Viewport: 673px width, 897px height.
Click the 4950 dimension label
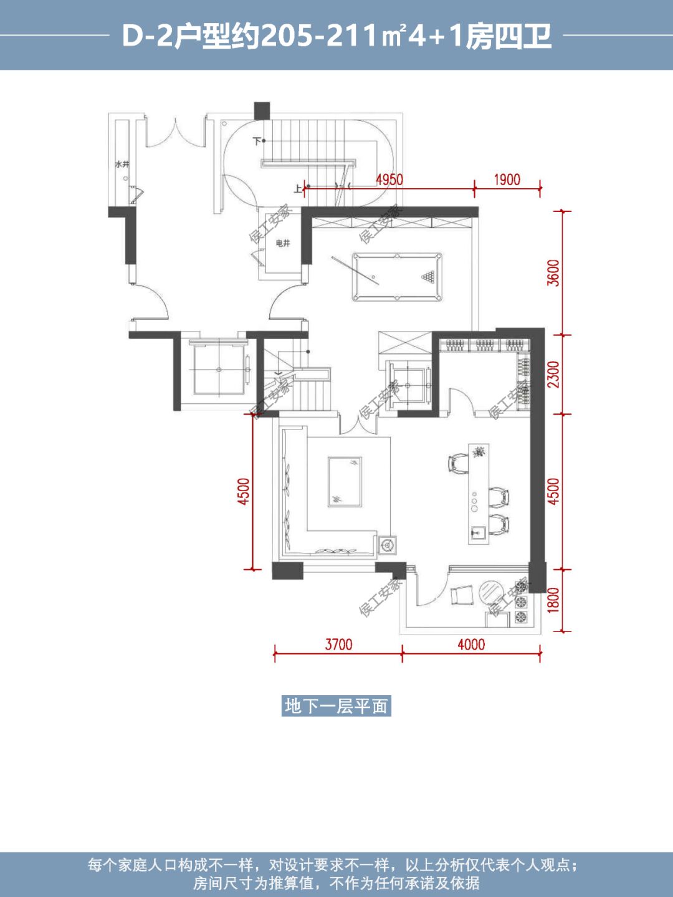pyautogui.click(x=389, y=180)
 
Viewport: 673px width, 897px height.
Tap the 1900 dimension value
pyautogui.click(x=507, y=180)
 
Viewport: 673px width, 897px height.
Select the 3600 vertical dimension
pyautogui.click(x=553, y=272)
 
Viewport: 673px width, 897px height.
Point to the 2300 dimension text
pyautogui.click(x=553, y=374)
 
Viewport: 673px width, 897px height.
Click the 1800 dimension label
pyautogui.click(x=553, y=600)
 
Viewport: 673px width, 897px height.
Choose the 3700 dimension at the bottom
pyautogui.click(x=338, y=645)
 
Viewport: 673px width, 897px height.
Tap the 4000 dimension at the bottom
pyautogui.click(x=471, y=645)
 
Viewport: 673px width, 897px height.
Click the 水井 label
pyautogui.click(x=122, y=165)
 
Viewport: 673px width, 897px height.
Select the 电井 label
pyautogui.click(x=282, y=244)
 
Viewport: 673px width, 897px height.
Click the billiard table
pyautogui.click(x=397, y=277)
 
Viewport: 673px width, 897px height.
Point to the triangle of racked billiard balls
pyautogui.click(x=428, y=277)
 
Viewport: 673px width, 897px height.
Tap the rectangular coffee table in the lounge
pyautogui.click(x=345, y=482)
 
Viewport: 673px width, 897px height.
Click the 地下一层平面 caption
pyautogui.click(x=336, y=706)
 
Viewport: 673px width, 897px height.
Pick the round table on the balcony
pyautogui.click(x=491, y=593)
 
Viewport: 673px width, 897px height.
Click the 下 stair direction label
pyautogui.click(x=257, y=142)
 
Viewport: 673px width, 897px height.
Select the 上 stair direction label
pyautogui.click(x=298, y=189)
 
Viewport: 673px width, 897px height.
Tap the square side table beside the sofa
pyautogui.click(x=386, y=544)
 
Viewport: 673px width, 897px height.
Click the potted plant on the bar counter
pyautogui.click(x=478, y=452)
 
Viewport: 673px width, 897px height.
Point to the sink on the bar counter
pyautogui.click(x=477, y=532)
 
